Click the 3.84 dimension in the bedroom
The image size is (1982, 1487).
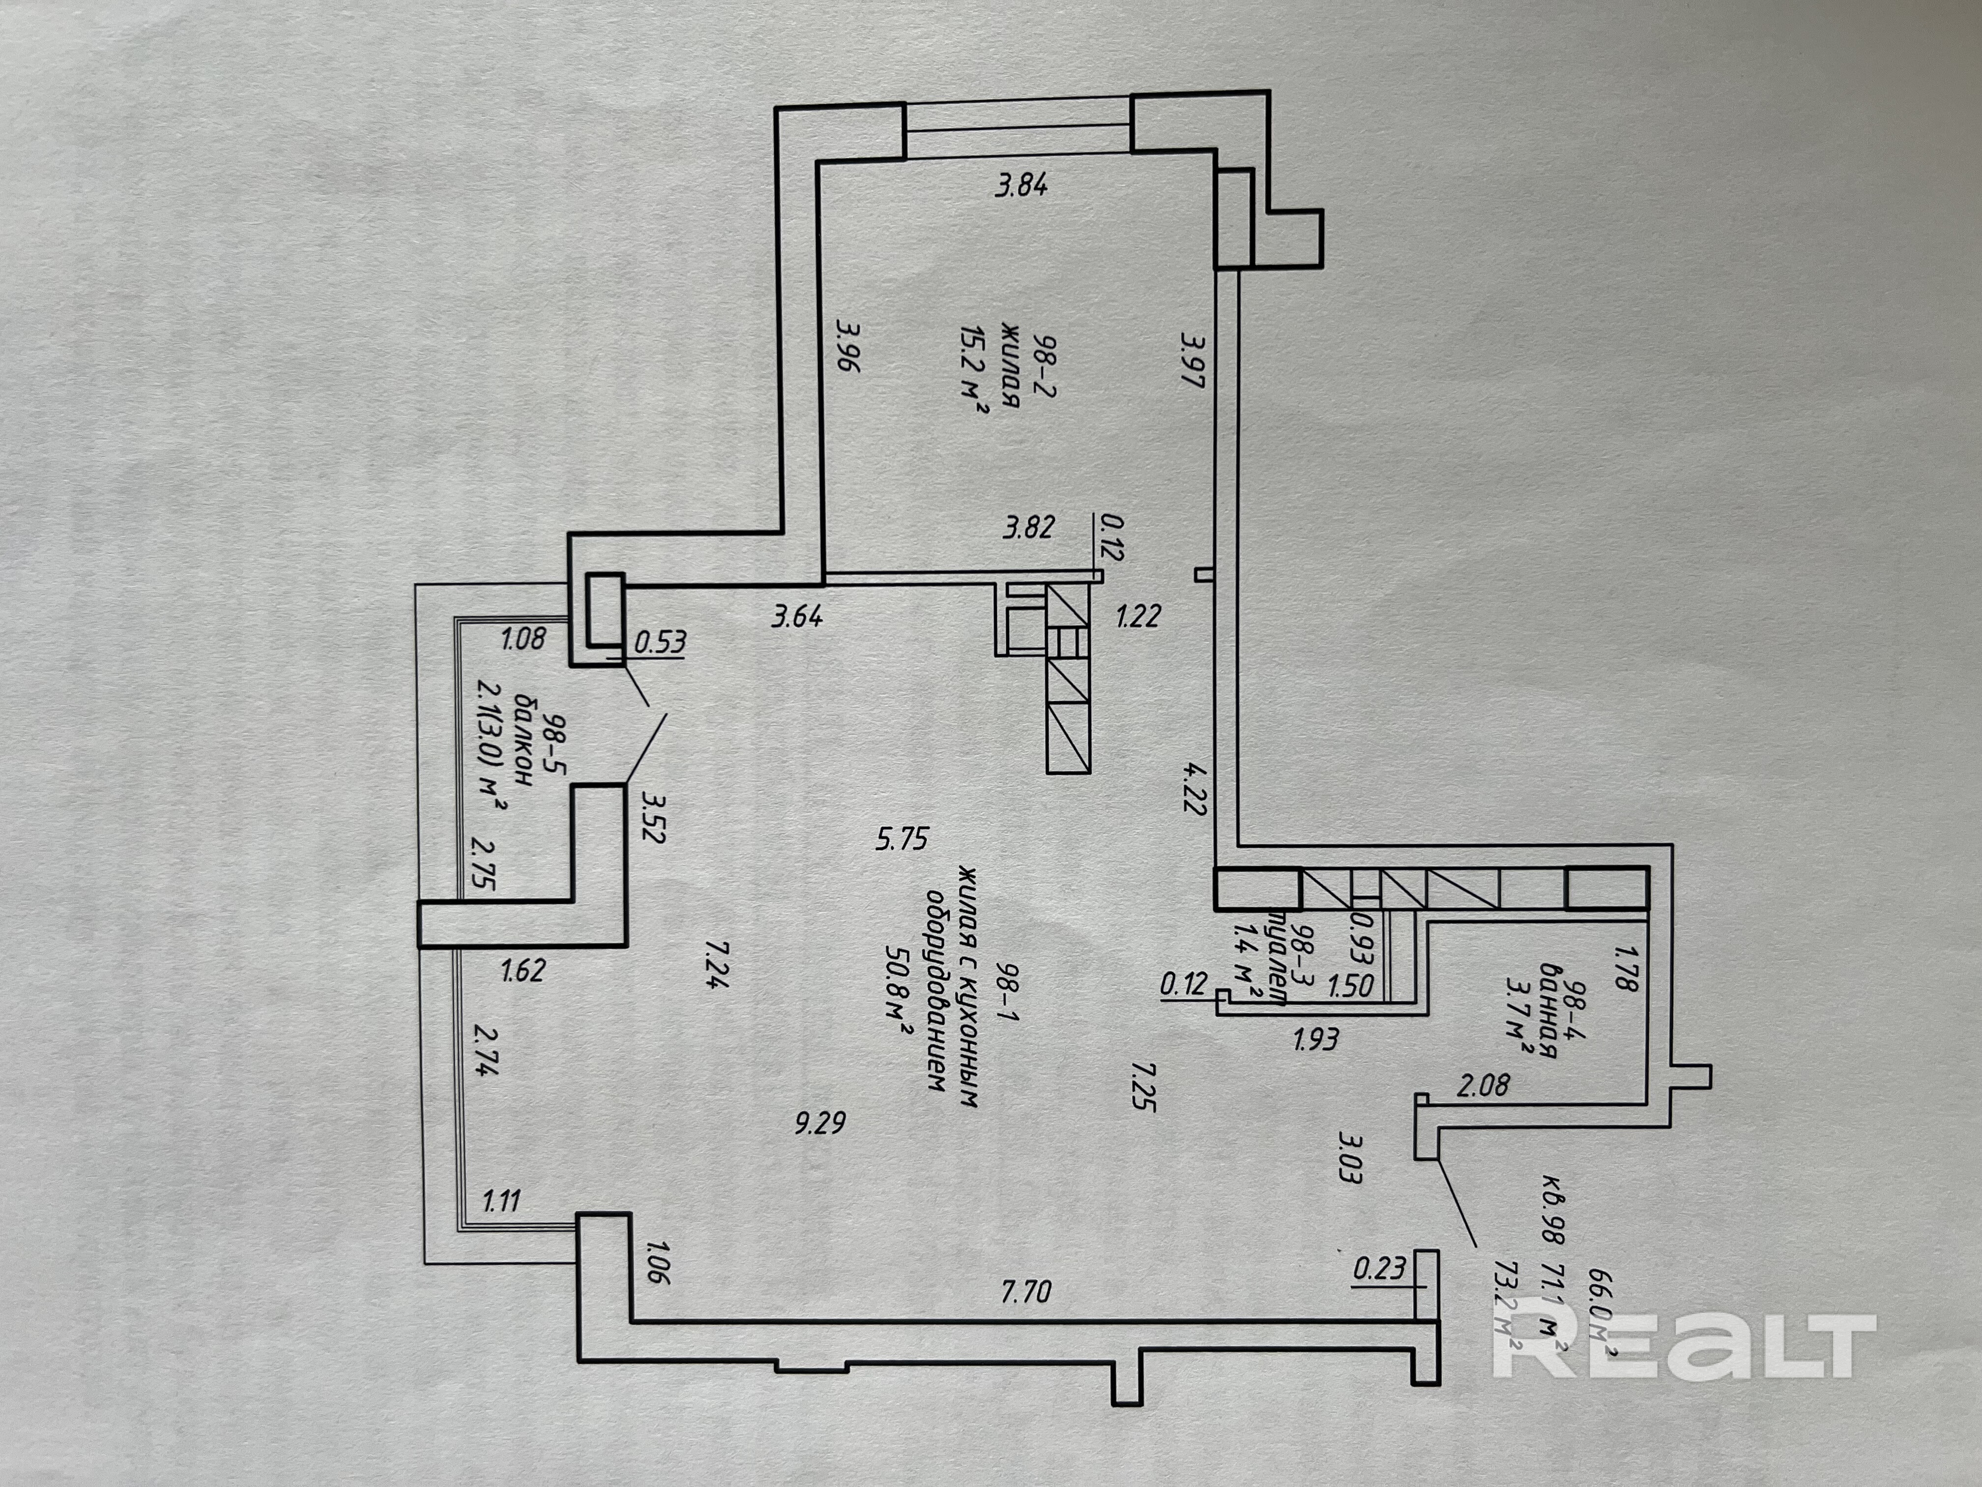1021,185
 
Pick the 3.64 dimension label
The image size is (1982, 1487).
796,617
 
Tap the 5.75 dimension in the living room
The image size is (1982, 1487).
902,839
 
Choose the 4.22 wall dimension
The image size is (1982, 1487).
1194,787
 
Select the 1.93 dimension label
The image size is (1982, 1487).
1315,1039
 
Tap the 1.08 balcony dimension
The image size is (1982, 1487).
524,639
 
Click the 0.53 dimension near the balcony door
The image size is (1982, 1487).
660,642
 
